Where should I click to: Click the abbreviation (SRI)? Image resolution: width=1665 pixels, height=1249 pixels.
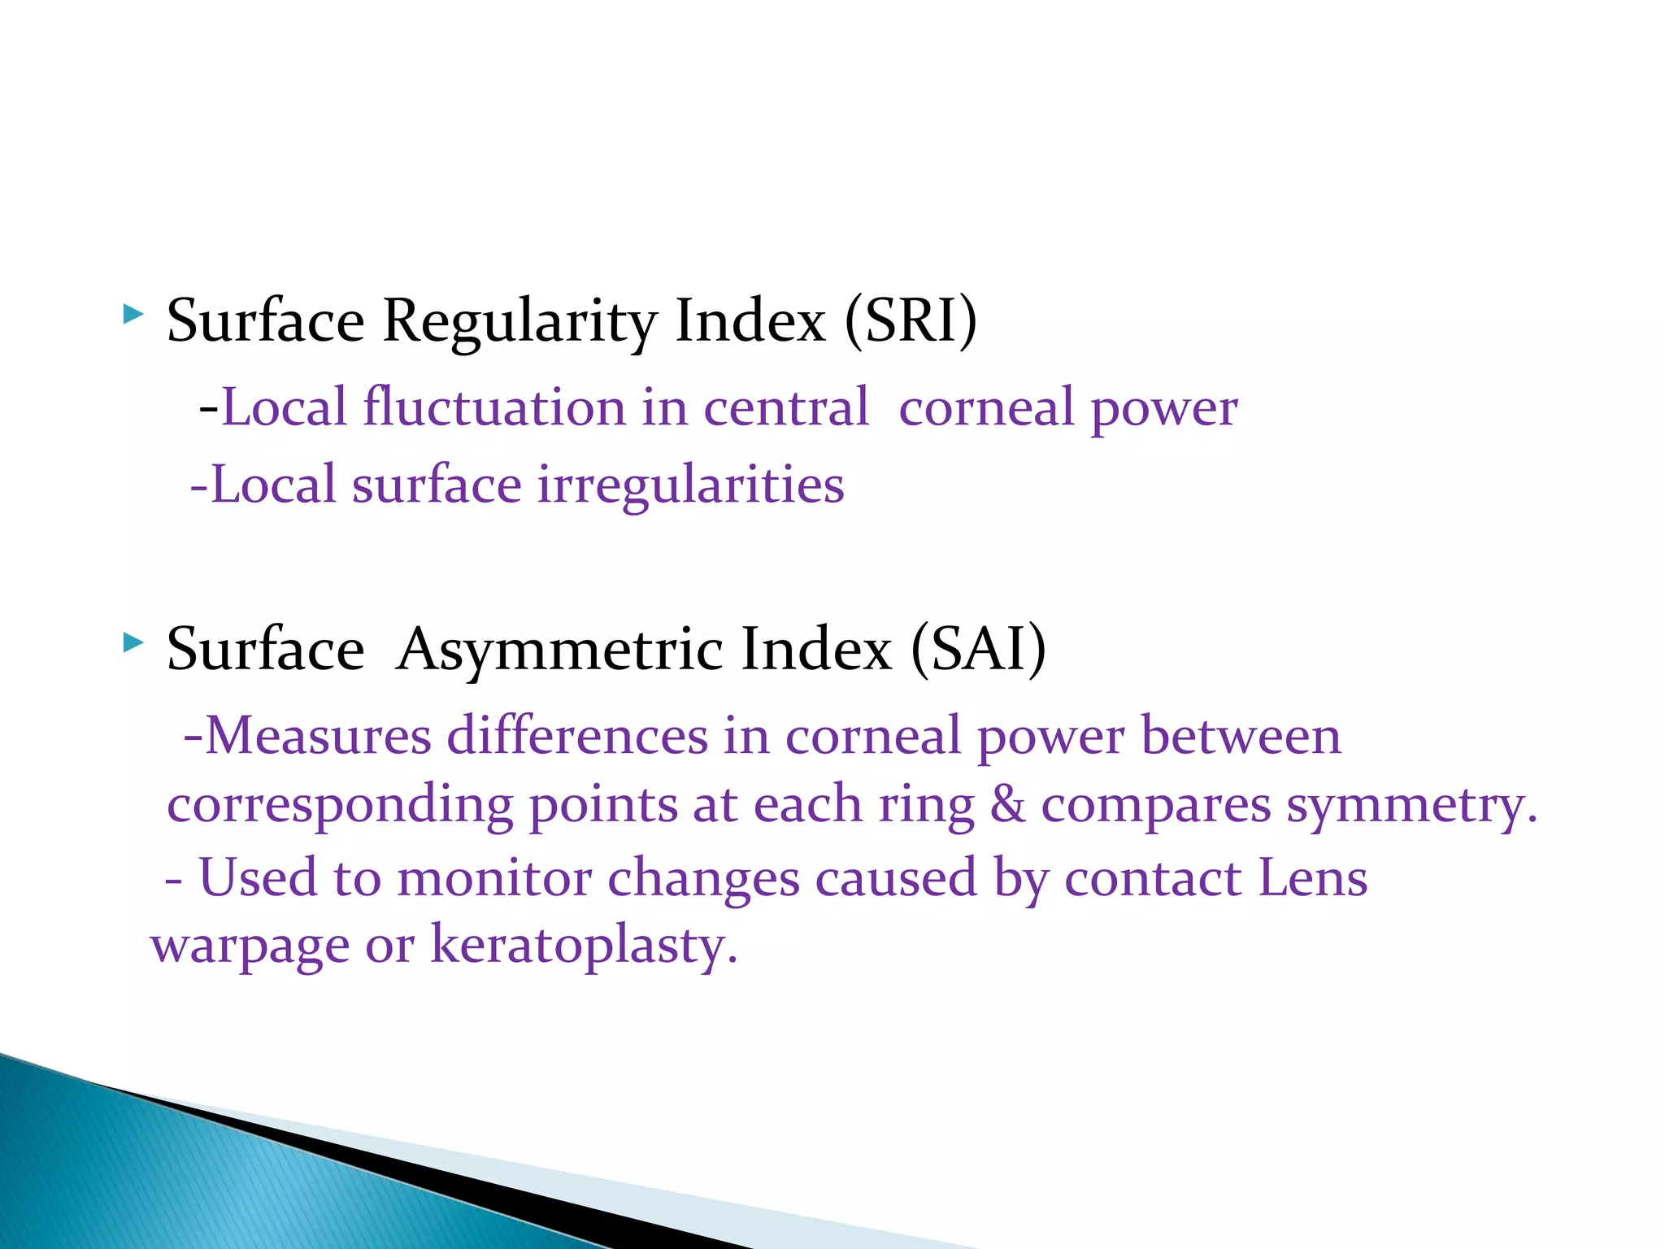point(911,321)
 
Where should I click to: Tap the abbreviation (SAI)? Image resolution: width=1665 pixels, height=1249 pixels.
point(978,650)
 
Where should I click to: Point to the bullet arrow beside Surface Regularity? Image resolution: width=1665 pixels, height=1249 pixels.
point(133,315)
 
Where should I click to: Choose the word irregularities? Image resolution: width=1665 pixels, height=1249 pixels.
point(691,485)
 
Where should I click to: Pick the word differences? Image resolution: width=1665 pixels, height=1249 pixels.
point(577,736)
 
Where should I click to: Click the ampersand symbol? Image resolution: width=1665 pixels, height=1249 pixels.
point(1007,805)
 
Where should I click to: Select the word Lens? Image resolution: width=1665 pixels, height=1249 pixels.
point(1312,879)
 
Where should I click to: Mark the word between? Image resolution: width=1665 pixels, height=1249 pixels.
point(1241,736)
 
